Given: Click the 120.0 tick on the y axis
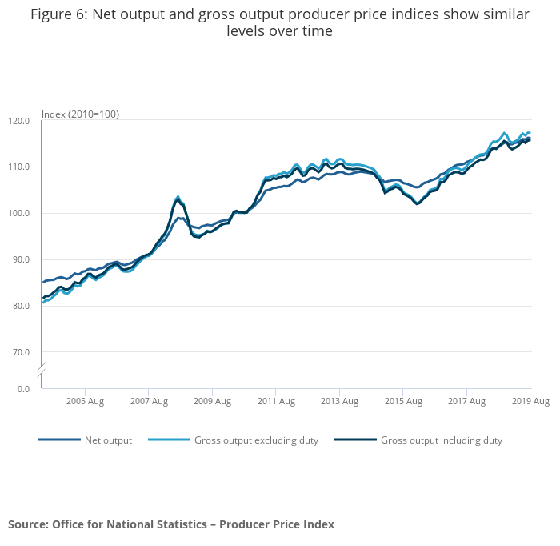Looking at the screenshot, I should (20, 121).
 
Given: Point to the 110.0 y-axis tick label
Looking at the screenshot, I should (20, 167).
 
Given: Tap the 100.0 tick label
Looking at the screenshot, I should (20, 214).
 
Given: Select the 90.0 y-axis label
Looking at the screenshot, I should (22, 260).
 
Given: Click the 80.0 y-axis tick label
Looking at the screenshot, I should (22, 306).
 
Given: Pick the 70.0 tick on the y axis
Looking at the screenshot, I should (22, 352).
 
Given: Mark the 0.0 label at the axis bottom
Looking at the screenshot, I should (24, 389).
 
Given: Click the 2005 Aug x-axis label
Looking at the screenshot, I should (85, 401).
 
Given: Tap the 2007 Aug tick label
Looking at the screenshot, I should (148, 401).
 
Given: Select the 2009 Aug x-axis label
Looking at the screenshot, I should (212, 401).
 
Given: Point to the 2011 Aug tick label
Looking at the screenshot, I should (275, 401).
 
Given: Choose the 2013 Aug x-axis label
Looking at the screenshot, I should (339, 401).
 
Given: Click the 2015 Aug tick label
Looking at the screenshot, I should (402, 401).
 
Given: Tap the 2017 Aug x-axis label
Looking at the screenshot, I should (466, 401).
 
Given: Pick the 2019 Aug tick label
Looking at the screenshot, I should (530, 401).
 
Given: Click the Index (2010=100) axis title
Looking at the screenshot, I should (80, 114).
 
